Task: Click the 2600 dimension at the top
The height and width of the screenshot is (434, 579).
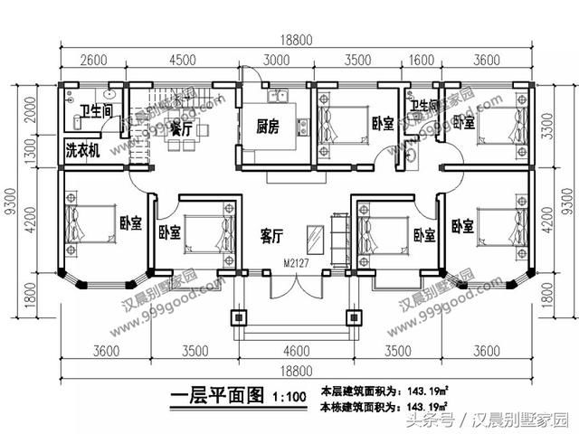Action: click(92, 61)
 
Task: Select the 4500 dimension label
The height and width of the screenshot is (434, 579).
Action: click(183, 61)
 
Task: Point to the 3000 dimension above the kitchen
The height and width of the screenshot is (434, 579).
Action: click(276, 61)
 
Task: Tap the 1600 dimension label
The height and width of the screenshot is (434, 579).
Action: click(422, 61)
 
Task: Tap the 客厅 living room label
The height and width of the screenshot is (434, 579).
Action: click(272, 236)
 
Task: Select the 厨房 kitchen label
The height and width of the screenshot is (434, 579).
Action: click(267, 127)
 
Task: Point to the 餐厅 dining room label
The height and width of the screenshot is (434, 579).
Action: click(181, 130)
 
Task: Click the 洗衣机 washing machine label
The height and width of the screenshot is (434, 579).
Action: click(81, 149)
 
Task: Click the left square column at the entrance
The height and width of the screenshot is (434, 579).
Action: click(239, 318)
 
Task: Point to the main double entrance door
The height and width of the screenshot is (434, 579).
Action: click(292, 288)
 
